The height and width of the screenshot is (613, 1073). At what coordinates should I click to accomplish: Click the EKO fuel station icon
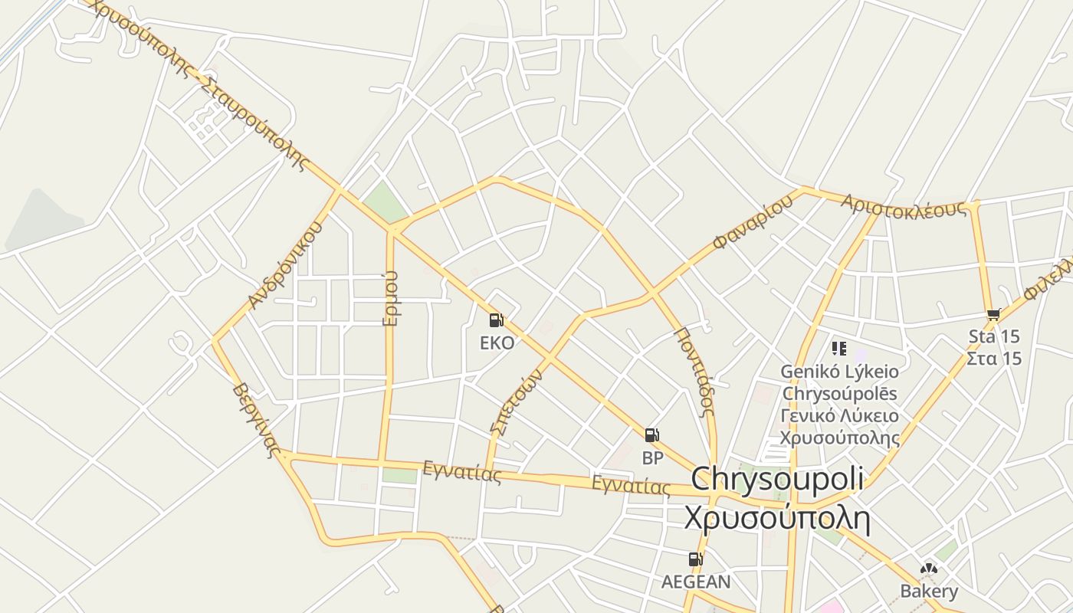496,320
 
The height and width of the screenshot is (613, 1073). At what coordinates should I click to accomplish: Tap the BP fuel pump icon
651,436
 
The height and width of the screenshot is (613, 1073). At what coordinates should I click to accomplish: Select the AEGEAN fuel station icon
695,559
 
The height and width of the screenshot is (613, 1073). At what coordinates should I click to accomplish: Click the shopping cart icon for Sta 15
994,314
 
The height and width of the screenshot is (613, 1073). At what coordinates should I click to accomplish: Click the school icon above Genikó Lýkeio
839,349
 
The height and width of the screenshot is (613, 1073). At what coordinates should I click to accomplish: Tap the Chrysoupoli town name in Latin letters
777,479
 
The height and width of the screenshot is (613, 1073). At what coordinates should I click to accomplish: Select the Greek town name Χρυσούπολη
777,519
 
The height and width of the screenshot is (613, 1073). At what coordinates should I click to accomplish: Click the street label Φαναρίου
752,223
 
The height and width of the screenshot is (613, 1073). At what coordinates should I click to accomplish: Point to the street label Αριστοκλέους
904,206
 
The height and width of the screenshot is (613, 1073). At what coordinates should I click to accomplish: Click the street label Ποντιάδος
694,371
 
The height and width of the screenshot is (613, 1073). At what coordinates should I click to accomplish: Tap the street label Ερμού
391,298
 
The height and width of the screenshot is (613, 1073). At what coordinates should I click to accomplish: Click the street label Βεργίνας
254,419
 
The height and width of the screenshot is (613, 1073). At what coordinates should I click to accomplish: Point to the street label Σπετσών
515,402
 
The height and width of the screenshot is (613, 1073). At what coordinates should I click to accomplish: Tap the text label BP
652,458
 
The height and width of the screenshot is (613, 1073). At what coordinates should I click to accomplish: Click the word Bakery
929,592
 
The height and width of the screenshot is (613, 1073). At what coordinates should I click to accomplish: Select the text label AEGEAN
696,582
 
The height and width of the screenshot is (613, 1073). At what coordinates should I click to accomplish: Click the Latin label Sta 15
994,336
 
